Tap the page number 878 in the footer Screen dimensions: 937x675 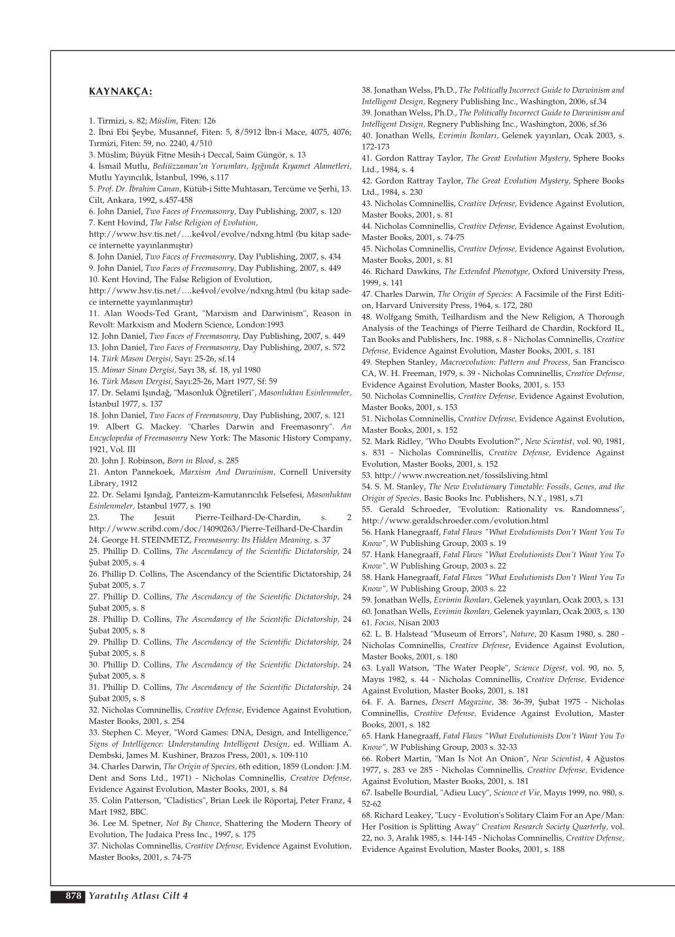(x=72, y=896)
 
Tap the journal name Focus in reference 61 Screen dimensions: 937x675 (x=385, y=622)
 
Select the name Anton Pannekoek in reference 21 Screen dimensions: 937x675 (x=138, y=472)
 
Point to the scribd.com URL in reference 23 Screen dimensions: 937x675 (x=216, y=529)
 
